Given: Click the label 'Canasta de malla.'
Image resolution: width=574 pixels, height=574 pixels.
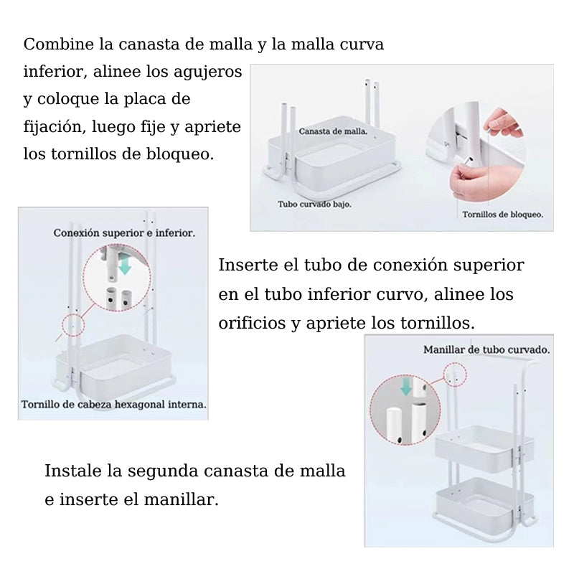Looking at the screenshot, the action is [333, 131].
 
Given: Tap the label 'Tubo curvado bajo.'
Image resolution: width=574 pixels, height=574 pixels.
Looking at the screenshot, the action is [314, 204].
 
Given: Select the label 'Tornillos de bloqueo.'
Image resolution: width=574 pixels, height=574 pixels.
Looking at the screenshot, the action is [503, 215].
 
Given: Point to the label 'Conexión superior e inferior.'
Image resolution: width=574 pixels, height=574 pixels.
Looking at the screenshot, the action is [124, 232].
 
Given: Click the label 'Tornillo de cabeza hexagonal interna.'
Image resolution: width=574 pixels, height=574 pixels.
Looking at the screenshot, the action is [114, 405].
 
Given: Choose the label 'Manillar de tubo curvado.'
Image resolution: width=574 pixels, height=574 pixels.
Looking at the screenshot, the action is [486, 350].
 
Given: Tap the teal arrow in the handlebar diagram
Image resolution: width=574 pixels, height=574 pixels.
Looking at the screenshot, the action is [406, 387].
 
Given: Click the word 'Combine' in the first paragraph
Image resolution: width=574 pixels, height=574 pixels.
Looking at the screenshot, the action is [59, 44].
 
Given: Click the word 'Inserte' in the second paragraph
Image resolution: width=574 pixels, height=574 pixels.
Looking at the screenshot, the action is [248, 265].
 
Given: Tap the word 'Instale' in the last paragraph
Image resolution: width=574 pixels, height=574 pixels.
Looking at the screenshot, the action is [72, 471].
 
